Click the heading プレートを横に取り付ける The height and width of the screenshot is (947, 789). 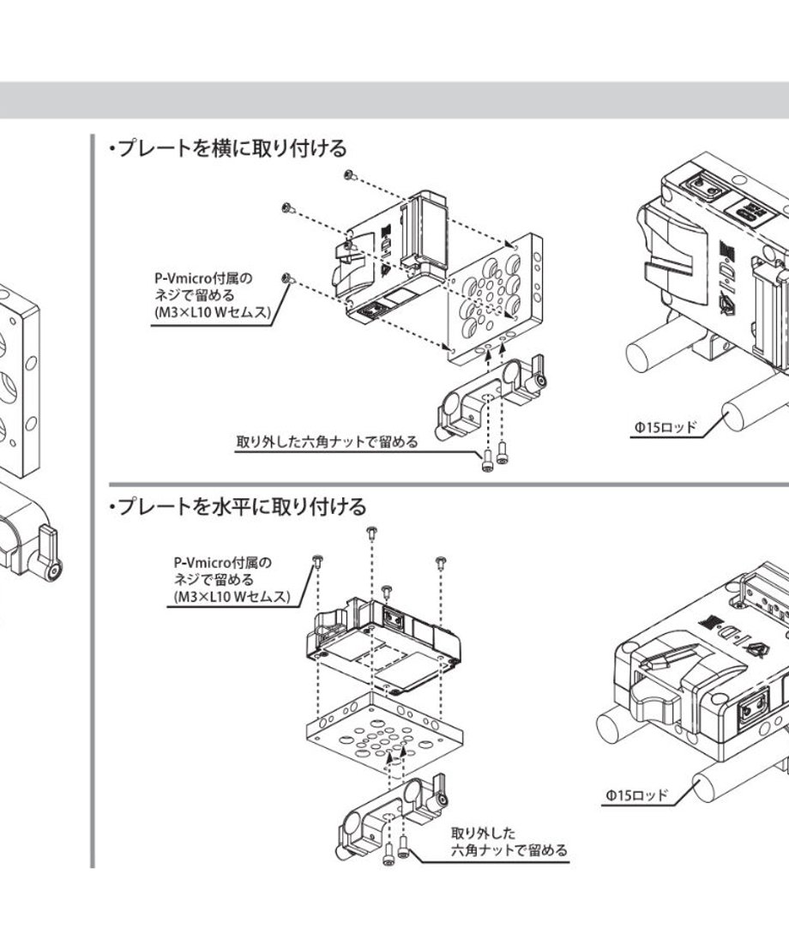coord(232,148)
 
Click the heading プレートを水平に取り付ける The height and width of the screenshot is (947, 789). coord(242,506)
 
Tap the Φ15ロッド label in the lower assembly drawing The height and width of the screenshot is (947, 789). coord(637,795)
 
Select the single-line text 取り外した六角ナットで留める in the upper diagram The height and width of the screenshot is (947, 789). coord(327,442)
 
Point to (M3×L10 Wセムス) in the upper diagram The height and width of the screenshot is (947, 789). coord(211,313)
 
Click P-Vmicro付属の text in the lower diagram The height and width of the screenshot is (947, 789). coord(223,563)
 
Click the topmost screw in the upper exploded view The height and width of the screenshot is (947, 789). coord(350,175)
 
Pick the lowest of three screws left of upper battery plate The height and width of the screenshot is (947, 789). coord(287,279)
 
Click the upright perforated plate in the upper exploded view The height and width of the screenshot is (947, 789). coord(495,299)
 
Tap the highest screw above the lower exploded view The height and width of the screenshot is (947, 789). coord(372,532)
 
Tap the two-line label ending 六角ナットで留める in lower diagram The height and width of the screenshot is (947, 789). coord(509,841)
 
